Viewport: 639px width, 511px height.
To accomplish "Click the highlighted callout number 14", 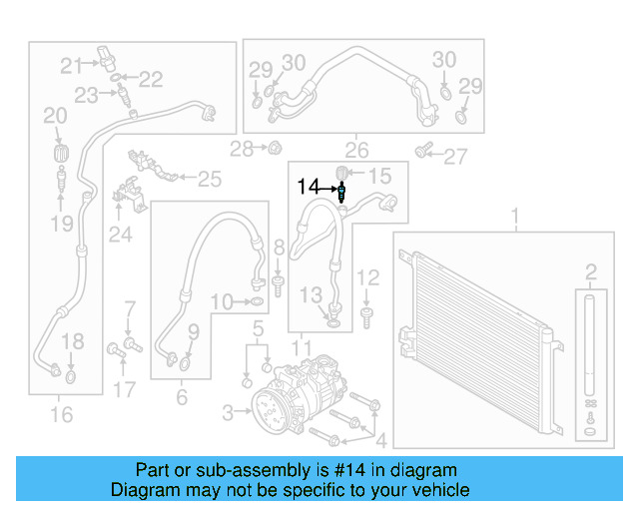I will point(309,187).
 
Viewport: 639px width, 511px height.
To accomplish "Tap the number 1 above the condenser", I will point(516,217).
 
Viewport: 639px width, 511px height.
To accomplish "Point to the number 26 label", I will point(356,152).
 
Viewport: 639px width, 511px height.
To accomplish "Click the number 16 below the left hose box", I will point(62,412).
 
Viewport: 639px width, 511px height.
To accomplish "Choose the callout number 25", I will point(209,180).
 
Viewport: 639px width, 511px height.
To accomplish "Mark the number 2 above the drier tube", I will point(591,271).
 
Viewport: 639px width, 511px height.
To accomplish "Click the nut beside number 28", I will point(271,148).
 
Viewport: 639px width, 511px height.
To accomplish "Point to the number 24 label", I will point(121,235).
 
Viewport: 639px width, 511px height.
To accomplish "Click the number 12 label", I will point(368,277).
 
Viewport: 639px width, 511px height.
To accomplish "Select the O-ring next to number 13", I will point(332,321).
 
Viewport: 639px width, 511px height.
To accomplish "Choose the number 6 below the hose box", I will point(181,397).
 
